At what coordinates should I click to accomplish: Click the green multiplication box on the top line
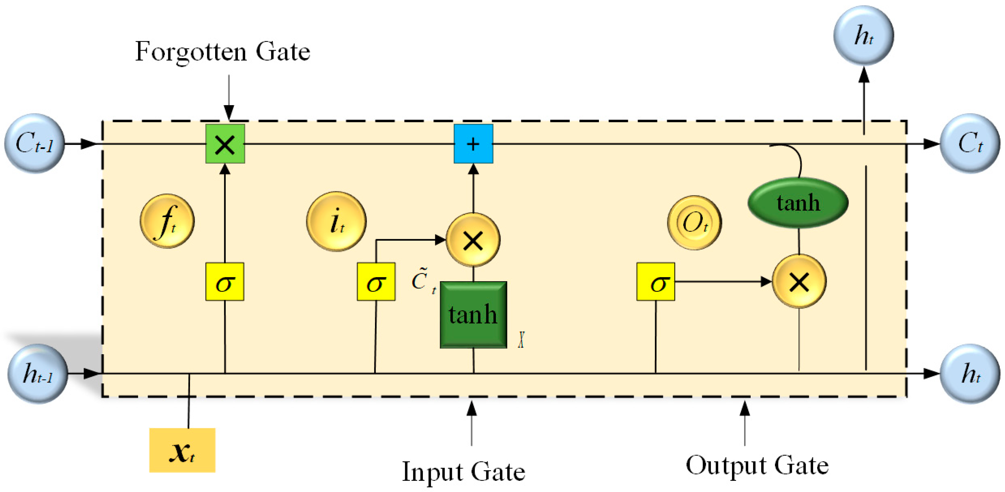point(225,144)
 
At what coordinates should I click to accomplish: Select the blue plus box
point(473,144)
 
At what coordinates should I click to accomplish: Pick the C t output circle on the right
point(970,143)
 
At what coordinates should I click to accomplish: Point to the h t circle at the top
point(864,35)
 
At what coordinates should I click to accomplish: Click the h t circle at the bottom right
point(970,374)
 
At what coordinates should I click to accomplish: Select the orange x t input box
point(182,451)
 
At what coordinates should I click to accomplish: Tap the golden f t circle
point(167,221)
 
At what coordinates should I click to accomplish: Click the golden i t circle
point(336,221)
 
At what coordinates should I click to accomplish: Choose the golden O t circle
point(694,223)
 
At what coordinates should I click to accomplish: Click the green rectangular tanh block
point(473,314)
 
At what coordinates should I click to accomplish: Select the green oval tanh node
point(798,203)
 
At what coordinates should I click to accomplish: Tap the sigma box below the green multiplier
point(225,282)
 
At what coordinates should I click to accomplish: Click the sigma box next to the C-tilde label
point(376,282)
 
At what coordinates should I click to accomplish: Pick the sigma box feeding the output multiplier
point(655,282)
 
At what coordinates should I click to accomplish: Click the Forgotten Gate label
point(222,52)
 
